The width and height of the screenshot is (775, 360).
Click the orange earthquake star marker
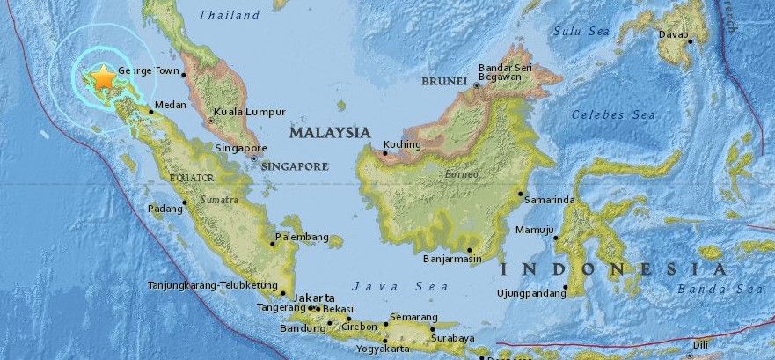(x=104, y=77)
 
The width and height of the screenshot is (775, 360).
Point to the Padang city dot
(x=184, y=202)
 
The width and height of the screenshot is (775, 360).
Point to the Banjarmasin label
(x=452, y=260)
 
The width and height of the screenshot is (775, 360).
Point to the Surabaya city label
(x=454, y=338)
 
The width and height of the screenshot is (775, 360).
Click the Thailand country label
(x=229, y=15)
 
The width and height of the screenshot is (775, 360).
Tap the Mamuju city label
(x=534, y=231)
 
